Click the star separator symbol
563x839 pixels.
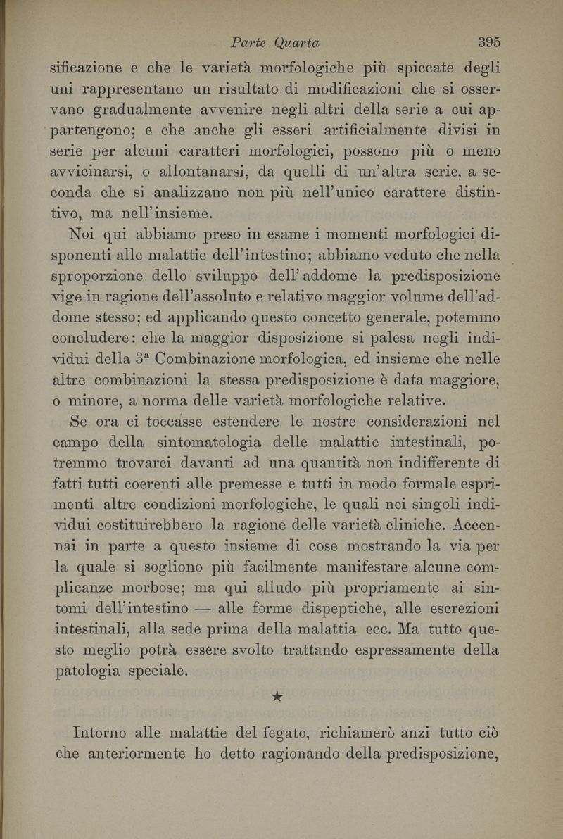click(277, 698)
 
